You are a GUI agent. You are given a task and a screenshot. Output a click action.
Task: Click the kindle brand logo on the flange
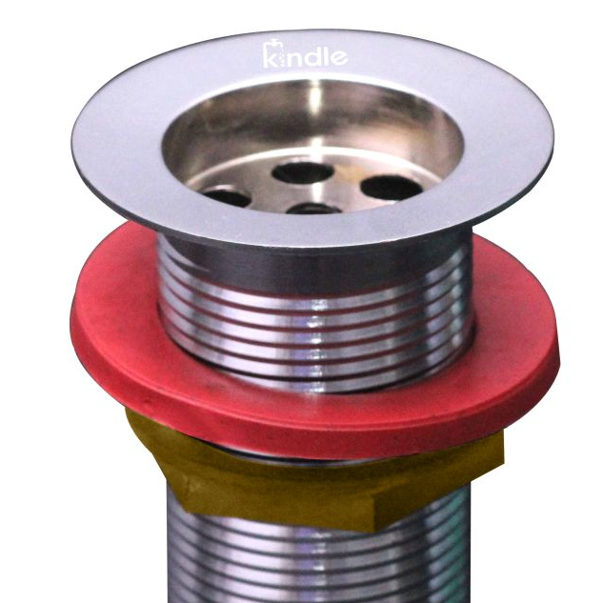(x=306, y=55)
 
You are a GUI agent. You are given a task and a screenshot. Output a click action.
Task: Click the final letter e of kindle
(x=339, y=57)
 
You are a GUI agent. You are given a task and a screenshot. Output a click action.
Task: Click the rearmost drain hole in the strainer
(x=303, y=172)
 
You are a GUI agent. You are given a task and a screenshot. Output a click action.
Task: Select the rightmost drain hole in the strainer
(x=392, y=188)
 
